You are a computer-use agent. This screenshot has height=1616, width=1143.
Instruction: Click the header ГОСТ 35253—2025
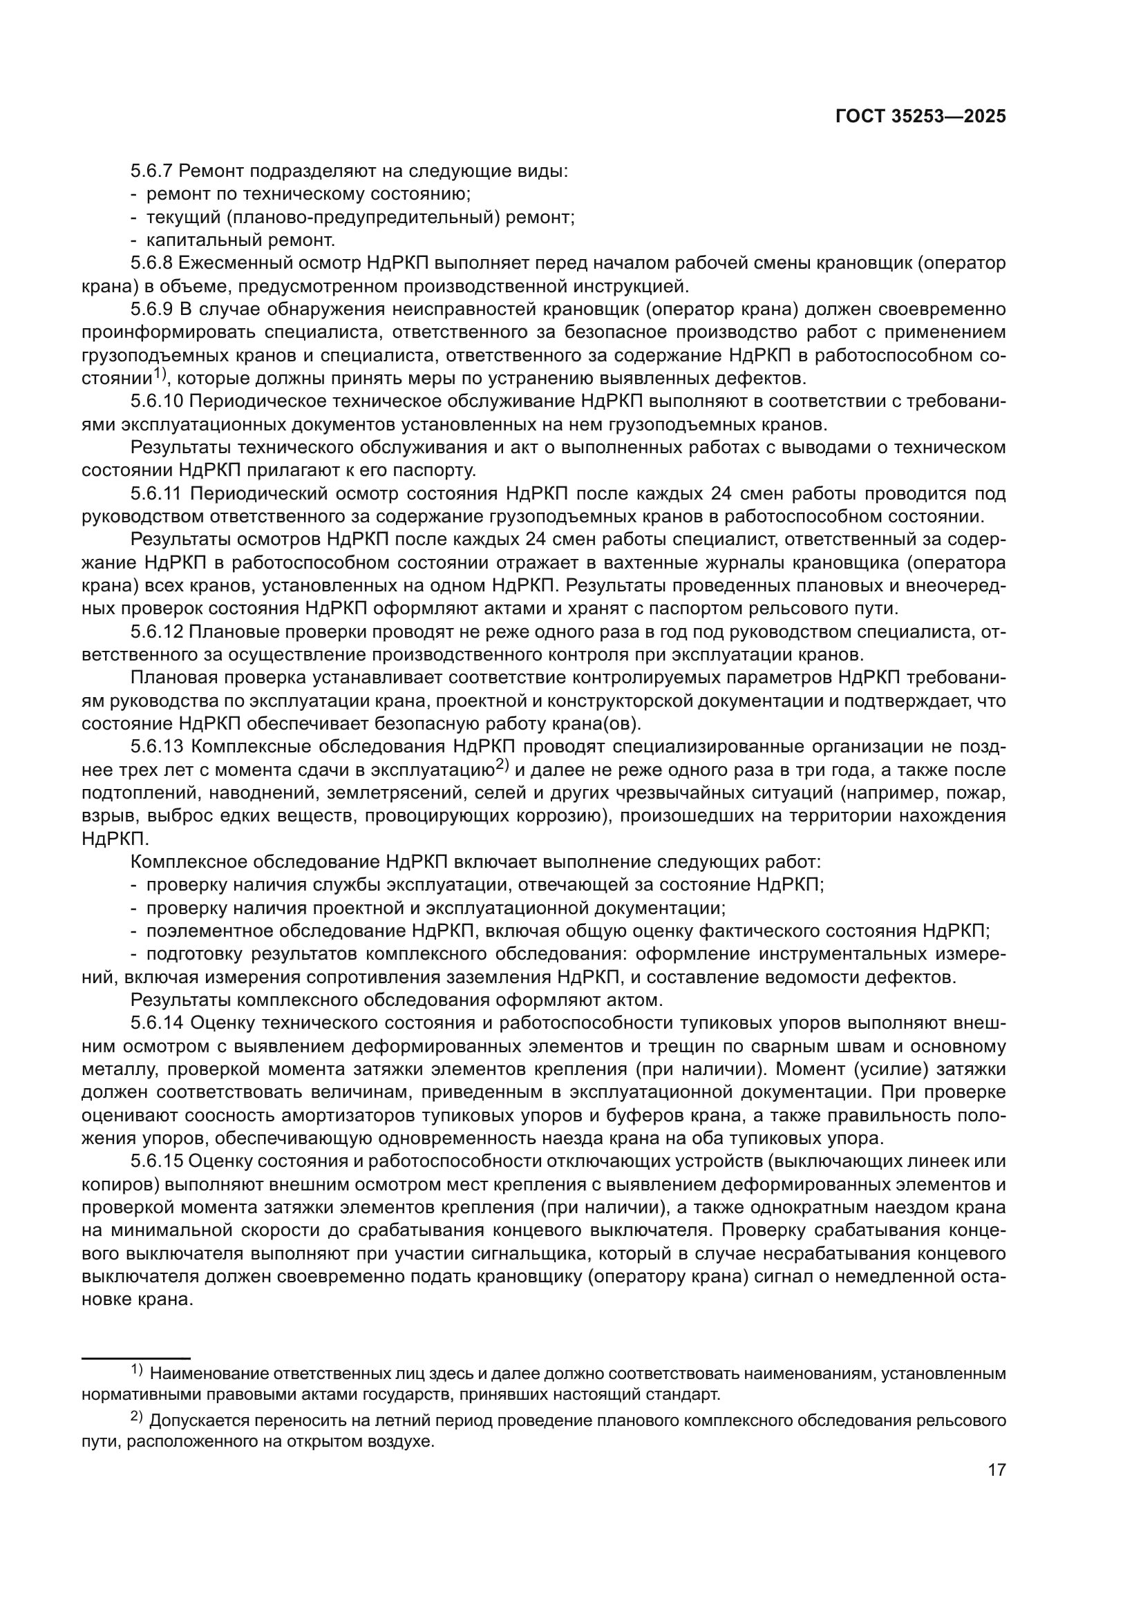pyautogui.click(x=920, y=117)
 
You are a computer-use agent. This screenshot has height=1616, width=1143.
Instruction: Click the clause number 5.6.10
pyautogui.click(x=157, y=402)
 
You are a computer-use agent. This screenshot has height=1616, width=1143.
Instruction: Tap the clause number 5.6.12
pyautogui.click(x=157, y=633)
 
